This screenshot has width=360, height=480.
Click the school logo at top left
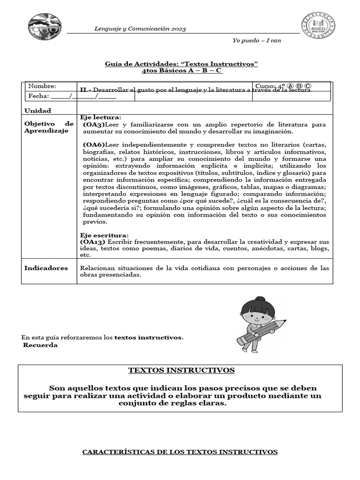tap(45, 27)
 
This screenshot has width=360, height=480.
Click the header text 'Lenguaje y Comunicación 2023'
tap(140, 29)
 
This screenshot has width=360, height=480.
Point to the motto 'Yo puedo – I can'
tap(256, 40)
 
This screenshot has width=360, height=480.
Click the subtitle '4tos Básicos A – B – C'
tap(181, 71)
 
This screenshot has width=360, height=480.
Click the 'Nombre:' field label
tap(42, 86)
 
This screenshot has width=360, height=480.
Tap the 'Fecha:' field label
tap(38, 96)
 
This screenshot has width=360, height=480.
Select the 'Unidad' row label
tap(37, 111)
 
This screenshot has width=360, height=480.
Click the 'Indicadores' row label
tap(46, 268)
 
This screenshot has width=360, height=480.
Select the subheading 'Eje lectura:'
tap(101, 118)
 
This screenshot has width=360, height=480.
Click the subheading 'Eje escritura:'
tap(104, 235)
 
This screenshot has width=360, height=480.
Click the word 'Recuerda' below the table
tap(40, 345)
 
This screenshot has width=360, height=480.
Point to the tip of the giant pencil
tap(286, 322)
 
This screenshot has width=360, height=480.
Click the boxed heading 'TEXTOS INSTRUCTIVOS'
tap(181, 370)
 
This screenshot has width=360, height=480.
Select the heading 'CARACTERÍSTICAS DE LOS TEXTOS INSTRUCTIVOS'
tap(180, 452)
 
